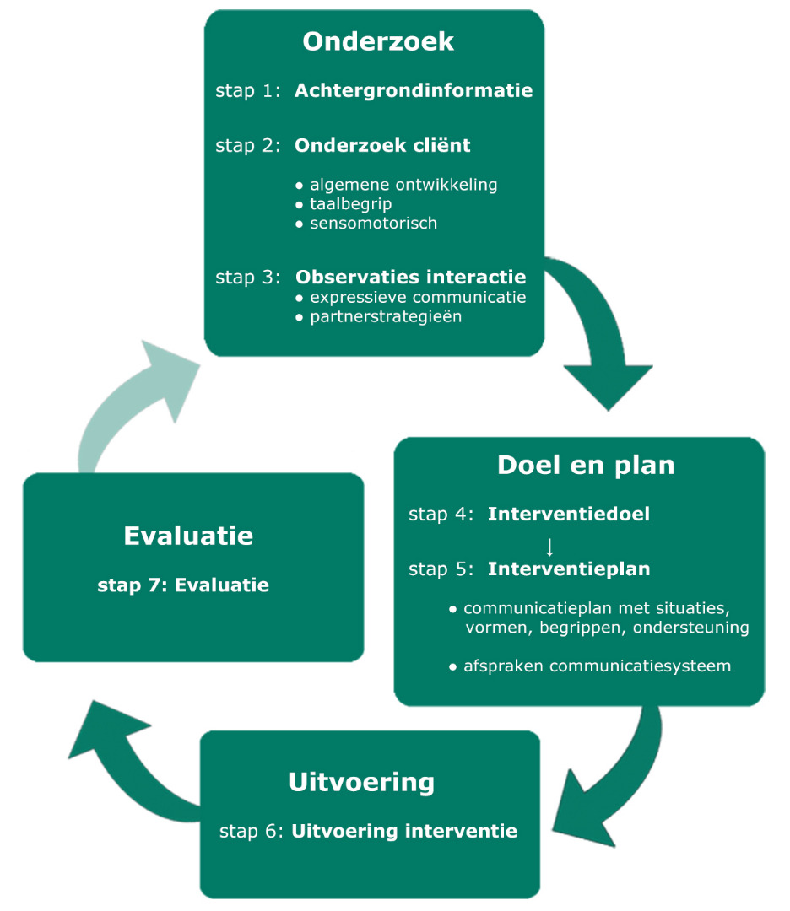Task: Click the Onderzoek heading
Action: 378,41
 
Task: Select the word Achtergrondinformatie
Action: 414,90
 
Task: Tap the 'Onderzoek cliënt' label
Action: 382,145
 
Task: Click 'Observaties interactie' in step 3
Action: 410,277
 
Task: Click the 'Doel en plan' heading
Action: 586,465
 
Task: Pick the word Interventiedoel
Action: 569,514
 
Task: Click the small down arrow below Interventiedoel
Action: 549,547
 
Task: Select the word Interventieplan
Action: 569,569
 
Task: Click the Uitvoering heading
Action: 361,781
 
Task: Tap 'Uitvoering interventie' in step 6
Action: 404,831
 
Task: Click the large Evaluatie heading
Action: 188,536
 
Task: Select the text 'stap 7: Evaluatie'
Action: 183,585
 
